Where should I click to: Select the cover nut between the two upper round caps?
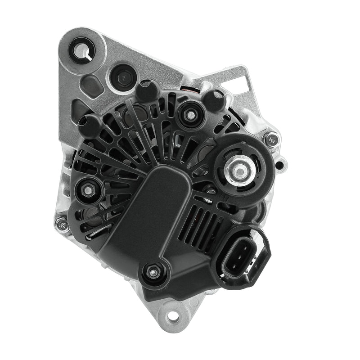[x=190, y=115]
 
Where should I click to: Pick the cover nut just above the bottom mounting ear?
[x=153, y=271]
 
